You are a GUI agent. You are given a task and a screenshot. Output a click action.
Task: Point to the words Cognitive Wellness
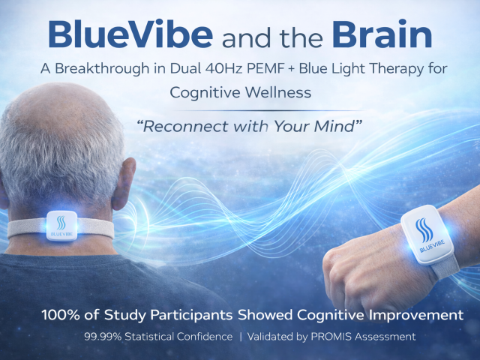coord(239,92)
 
